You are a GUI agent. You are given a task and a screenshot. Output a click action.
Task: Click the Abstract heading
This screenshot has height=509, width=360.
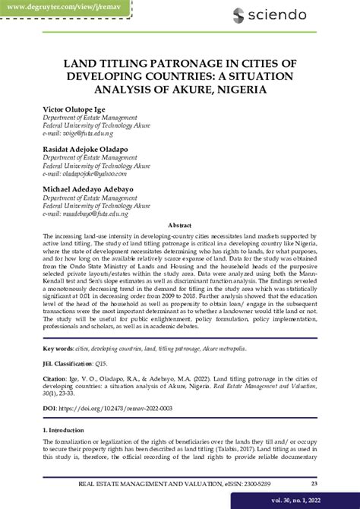coord(179,226)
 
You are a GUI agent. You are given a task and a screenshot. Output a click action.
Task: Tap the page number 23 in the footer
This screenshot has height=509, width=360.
coord(314,483)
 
